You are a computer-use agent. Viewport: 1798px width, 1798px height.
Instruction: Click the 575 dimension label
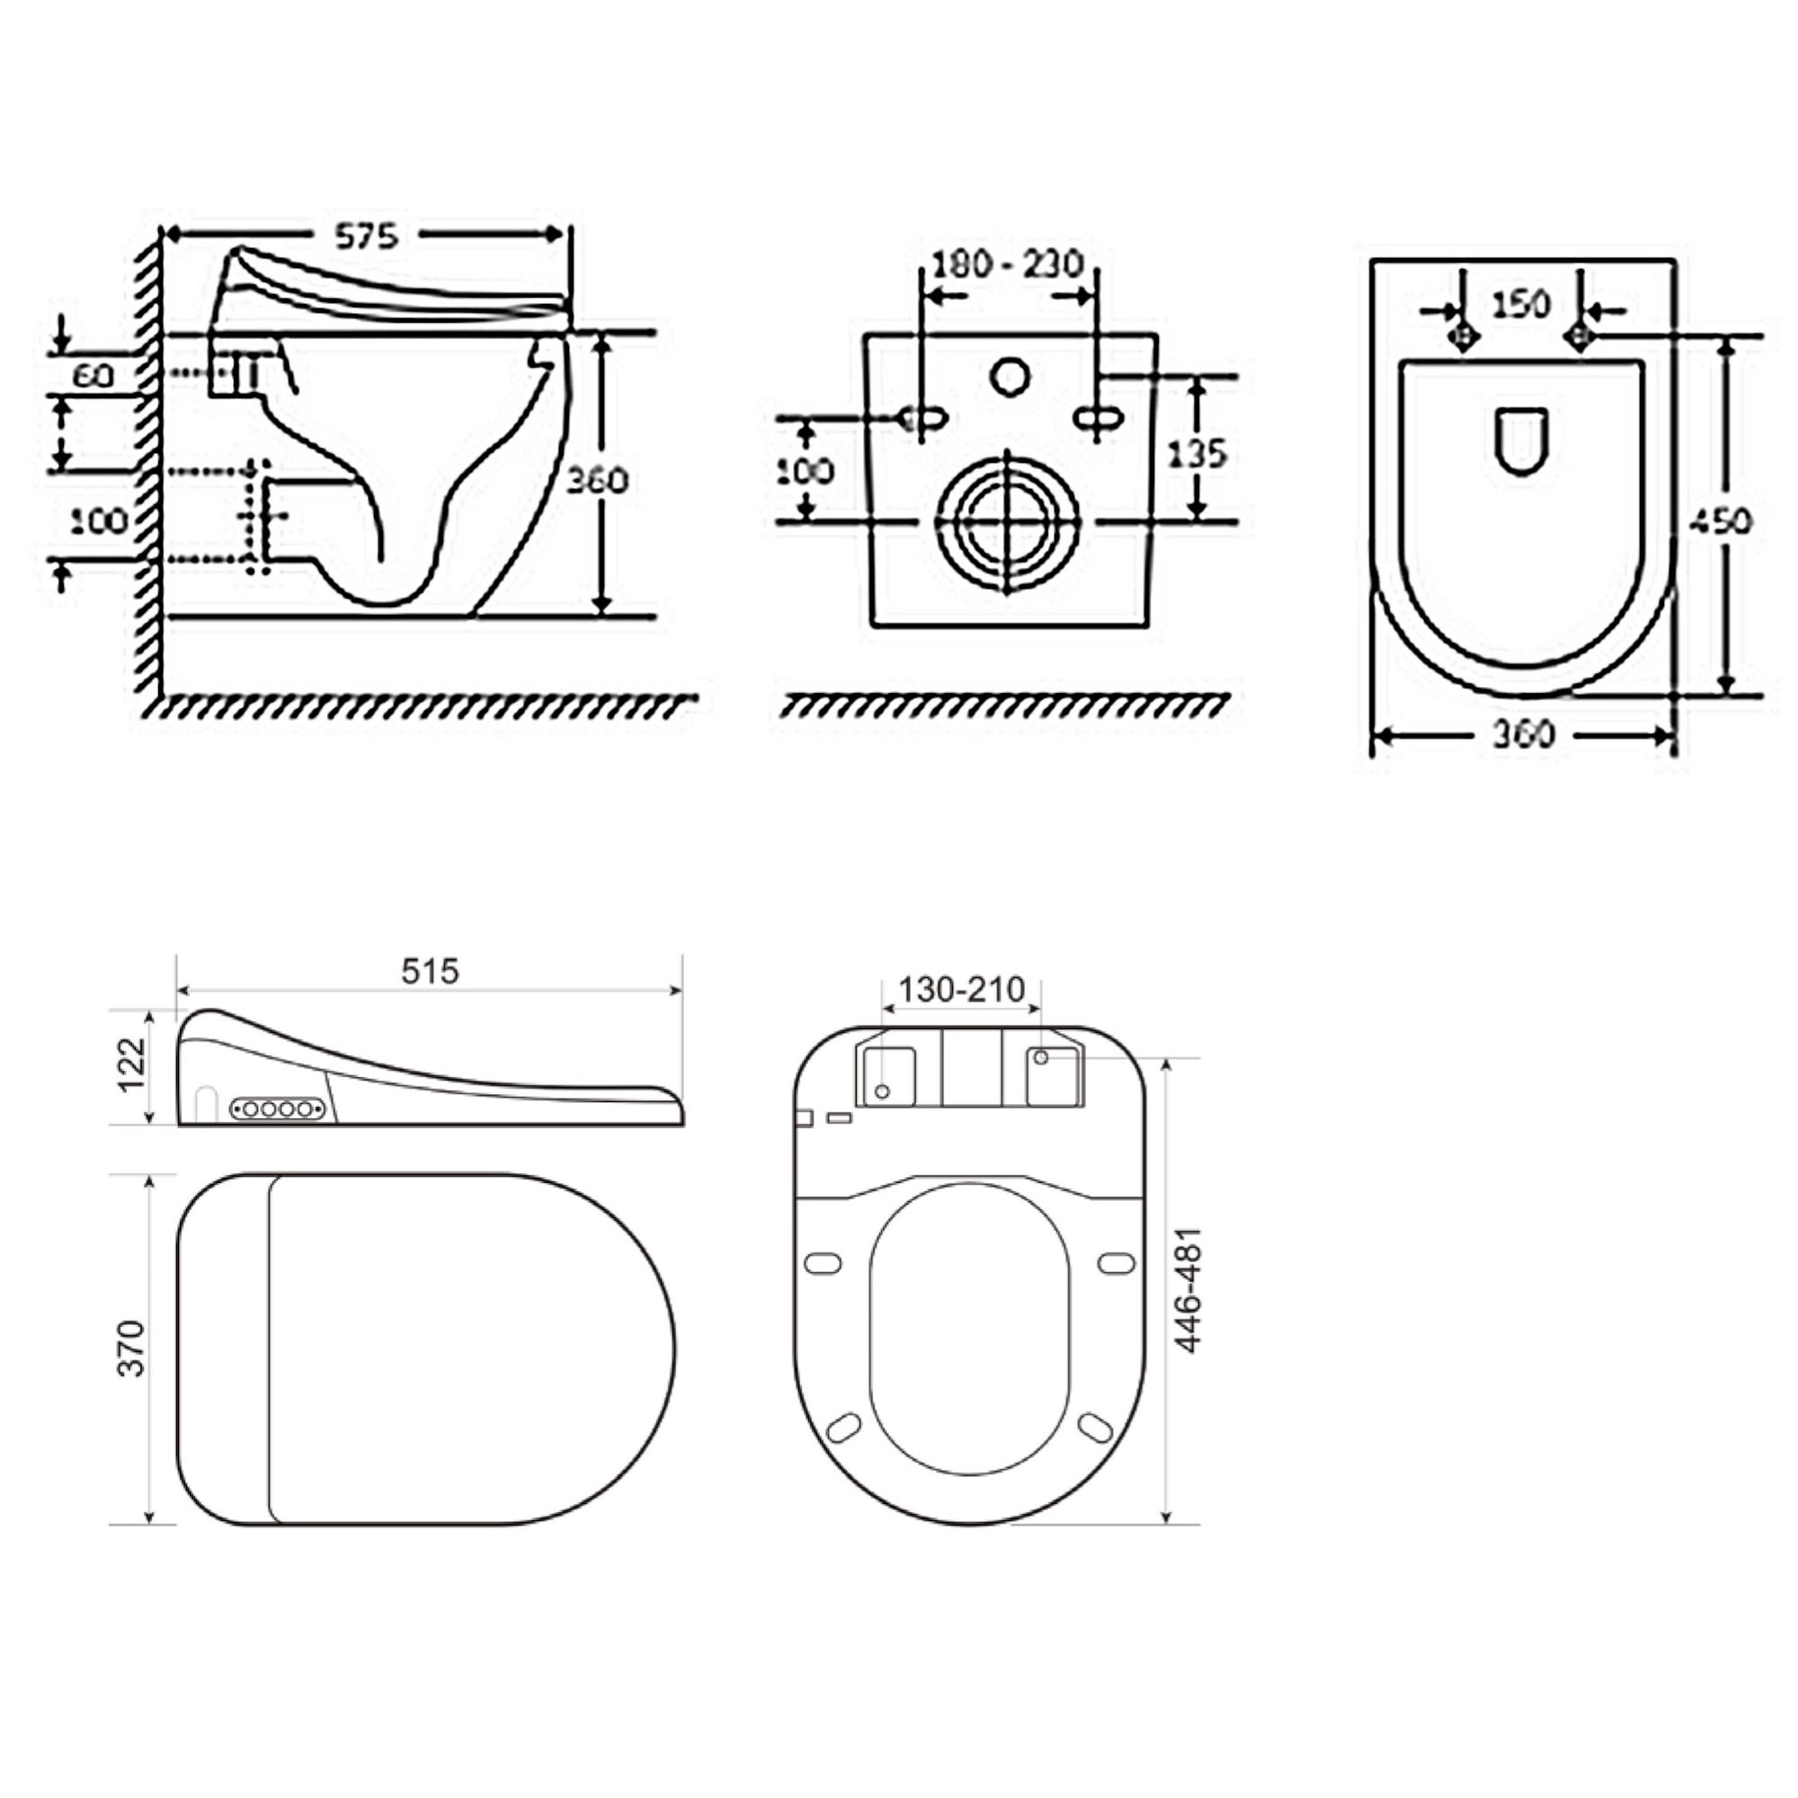(367, 236)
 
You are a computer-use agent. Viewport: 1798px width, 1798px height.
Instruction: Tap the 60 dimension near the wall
(93, 375)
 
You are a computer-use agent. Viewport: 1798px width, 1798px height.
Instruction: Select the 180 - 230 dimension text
(1007, 264)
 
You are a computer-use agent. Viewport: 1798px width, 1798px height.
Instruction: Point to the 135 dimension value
(1198, 453)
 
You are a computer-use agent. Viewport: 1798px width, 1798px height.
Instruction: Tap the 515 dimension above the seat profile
(430, 972)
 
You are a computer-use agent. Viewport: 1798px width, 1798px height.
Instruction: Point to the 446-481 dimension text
(1189, 1290)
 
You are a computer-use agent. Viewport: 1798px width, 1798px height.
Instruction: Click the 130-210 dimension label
(961, 988)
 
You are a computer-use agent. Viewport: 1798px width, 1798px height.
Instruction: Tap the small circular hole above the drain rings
(1009, 378)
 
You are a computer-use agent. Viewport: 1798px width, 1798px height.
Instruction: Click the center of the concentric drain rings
(1009, 522)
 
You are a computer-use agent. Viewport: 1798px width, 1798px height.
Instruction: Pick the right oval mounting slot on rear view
(1099, 419)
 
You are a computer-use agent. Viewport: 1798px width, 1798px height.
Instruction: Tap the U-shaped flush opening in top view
(1522, 441)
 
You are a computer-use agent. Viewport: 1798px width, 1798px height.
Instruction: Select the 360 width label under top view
(1524, 735)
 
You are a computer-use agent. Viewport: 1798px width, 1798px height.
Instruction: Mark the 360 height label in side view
(598, 480)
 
